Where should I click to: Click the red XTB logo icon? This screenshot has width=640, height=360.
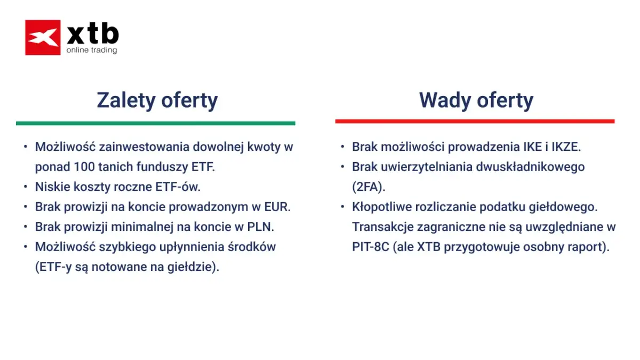pos(43,37)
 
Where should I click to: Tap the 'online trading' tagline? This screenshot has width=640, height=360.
pos(91,50)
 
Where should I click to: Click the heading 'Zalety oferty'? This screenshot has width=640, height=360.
pos(157,100)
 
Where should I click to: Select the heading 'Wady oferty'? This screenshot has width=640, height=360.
pos(476,100)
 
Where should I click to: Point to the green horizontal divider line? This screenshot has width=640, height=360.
pos(155,123)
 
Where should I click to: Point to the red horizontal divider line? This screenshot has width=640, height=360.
pos(475,121)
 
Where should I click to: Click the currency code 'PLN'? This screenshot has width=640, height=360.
pos(259,227)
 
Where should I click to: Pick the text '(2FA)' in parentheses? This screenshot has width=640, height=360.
pos(367,187)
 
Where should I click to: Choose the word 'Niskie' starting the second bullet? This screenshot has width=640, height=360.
pos(49,187)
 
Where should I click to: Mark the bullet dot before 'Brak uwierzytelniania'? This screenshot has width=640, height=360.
pos(342,166)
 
